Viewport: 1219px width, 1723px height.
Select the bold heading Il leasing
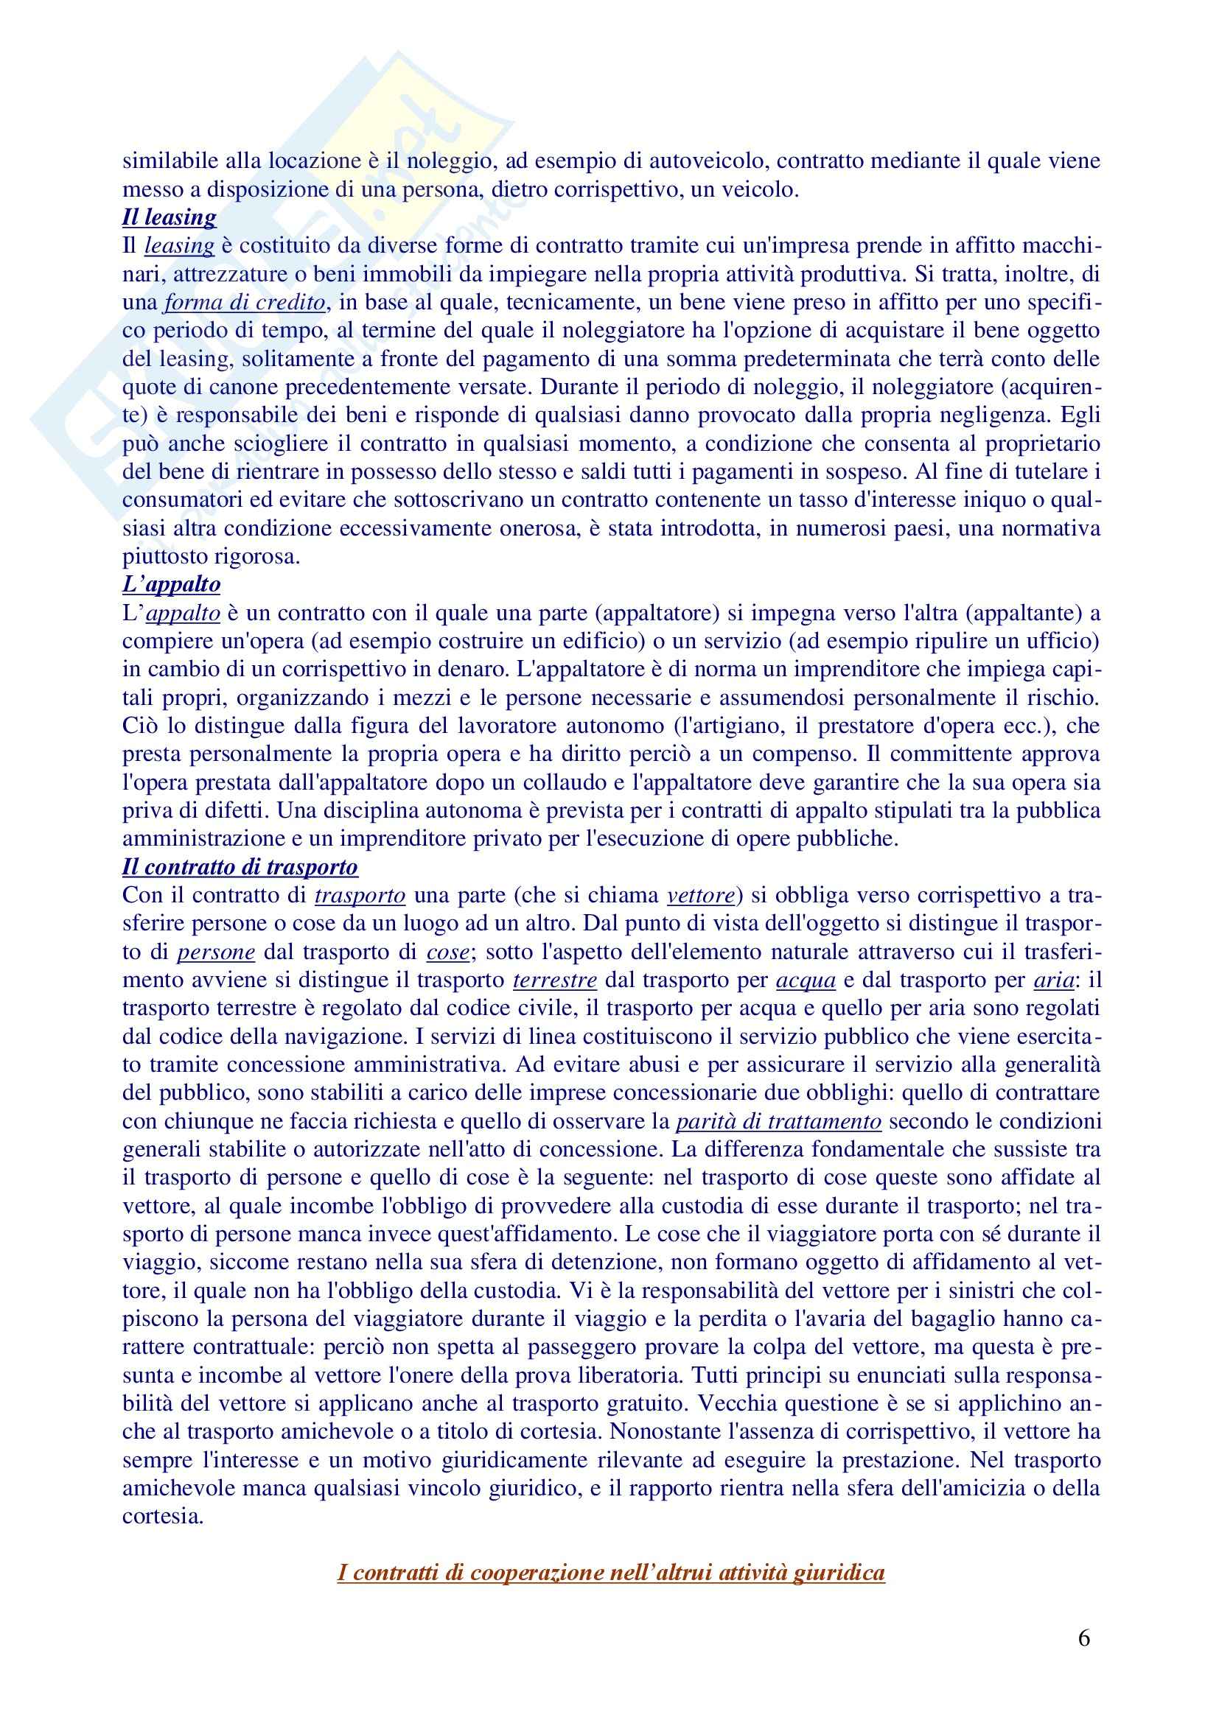click(x=169, y=217)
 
